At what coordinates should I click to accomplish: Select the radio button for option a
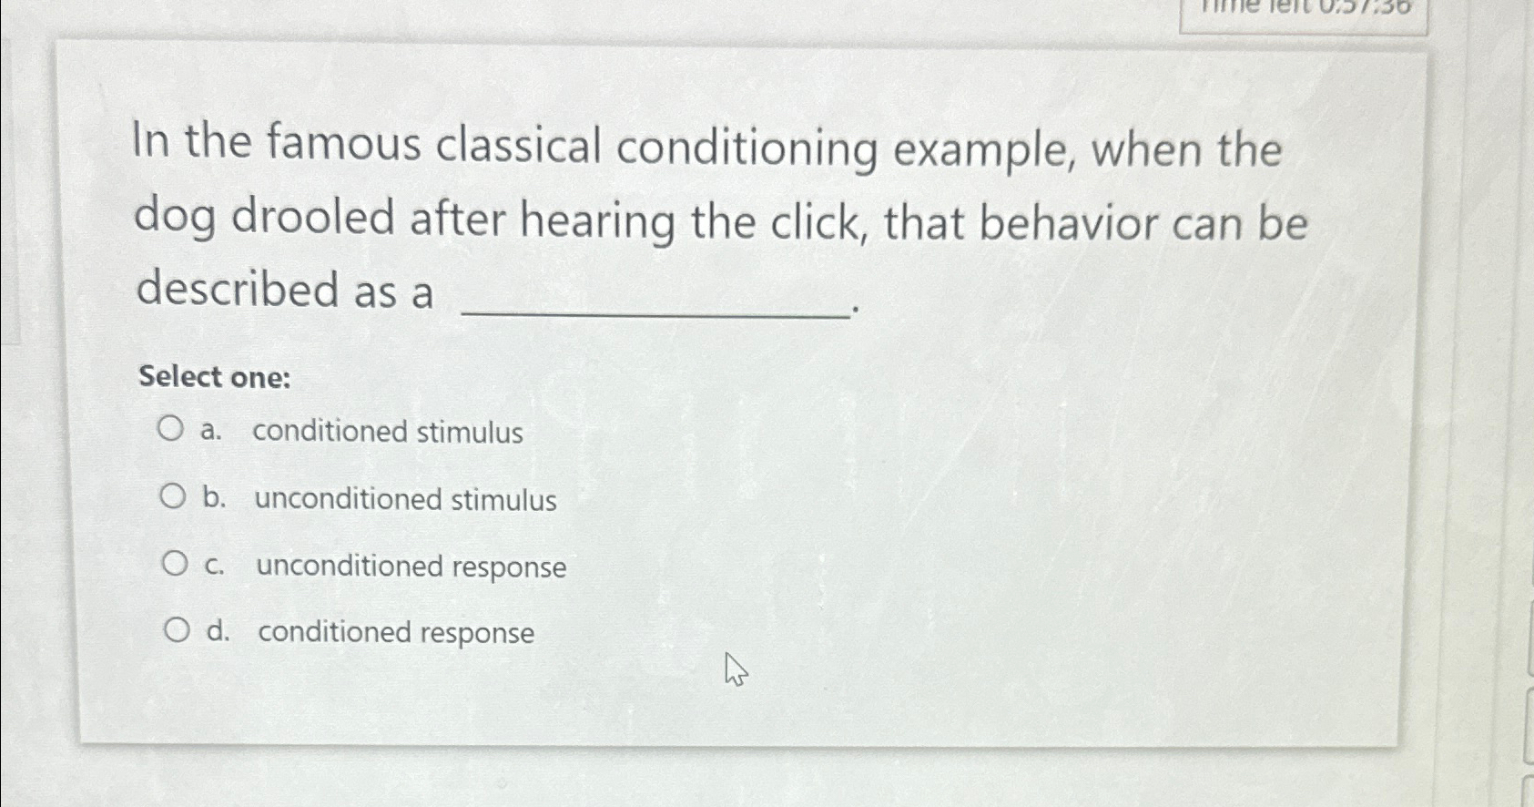(170, 428)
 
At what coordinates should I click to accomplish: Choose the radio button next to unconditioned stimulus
(173, 496)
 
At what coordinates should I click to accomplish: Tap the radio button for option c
(175, 564)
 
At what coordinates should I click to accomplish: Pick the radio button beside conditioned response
(177, 629)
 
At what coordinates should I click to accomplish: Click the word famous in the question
(343, 143)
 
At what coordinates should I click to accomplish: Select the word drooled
(312, 219)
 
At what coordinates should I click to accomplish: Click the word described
(238, 290)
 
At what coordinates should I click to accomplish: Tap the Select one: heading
(215, 376)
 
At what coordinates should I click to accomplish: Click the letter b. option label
(214, 497)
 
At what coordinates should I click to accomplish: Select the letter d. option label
(218, 630)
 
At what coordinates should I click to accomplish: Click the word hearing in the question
(597, 221)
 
